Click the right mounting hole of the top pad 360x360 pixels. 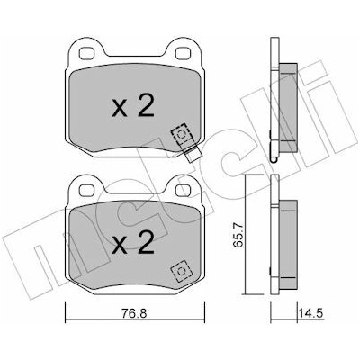pos(181,53)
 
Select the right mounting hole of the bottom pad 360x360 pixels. pos(181,191)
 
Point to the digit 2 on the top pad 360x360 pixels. pos(146,106)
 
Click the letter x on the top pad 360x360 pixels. pos(119,110)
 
